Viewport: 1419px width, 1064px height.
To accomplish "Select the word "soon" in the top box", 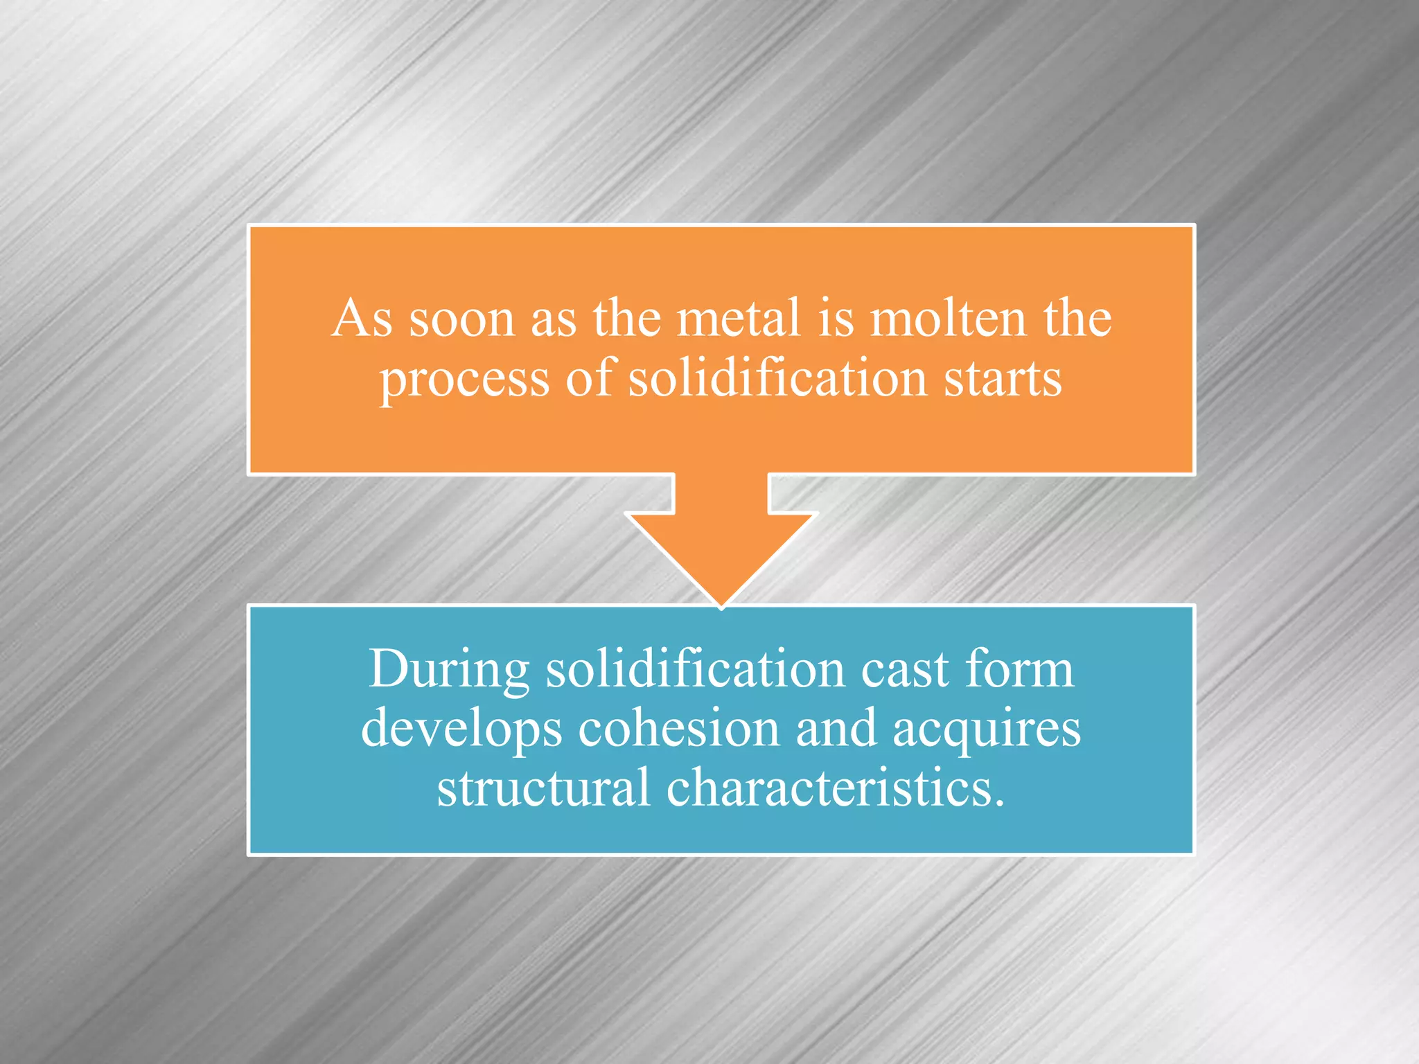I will pyautogui.click(x=461, y=320).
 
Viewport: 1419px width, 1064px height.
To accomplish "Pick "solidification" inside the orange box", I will pyautogui.click(x=777, y=379).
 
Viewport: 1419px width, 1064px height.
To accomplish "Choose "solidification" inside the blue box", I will pyautogui.click(x=695, y=669).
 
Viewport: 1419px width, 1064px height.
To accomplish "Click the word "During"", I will pyautogui.click(x=449, y=671).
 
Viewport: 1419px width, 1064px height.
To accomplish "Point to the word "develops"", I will pyautogui.click(x=461, y=730).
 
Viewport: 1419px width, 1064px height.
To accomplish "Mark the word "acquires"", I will pyautogui.click(x=987, y=730).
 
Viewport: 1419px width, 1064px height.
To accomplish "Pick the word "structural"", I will pyautogui.click(x=543, y=788).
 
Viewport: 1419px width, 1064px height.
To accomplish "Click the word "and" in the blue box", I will pyautogui.click(x=836, y=729).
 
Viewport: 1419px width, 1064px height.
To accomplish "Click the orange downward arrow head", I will pyautogui.click(x=721, y=554).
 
